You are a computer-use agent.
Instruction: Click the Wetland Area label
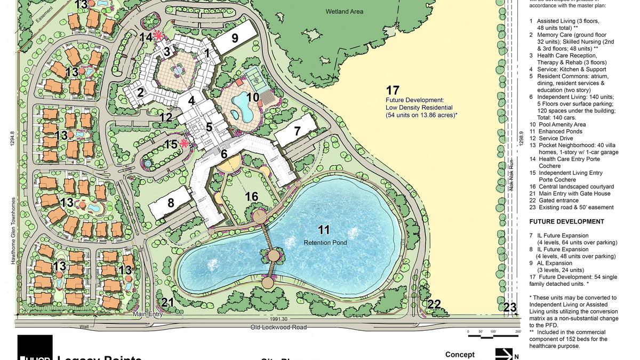[x=344, y=11]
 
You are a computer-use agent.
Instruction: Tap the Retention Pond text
[x=326, y=243]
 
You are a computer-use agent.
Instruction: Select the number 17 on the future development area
[x=393, y=90]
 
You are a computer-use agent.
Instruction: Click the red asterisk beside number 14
[x=158, y=36]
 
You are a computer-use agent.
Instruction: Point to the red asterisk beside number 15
[x=185, y=143]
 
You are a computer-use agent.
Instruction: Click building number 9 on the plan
[x=235, y=38]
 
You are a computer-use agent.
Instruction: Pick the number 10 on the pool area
[x=253, y=97]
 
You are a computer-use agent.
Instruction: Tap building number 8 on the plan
[x=171, y=203]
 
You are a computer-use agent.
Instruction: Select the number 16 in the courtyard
[x=252, y=197]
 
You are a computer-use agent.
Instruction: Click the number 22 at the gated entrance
[x=434, y=305]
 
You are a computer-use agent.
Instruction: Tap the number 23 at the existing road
[x=510, y=307]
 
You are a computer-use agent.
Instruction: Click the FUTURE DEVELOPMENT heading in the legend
[x=566, y=221]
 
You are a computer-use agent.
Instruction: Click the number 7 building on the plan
[x=297, y=131]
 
